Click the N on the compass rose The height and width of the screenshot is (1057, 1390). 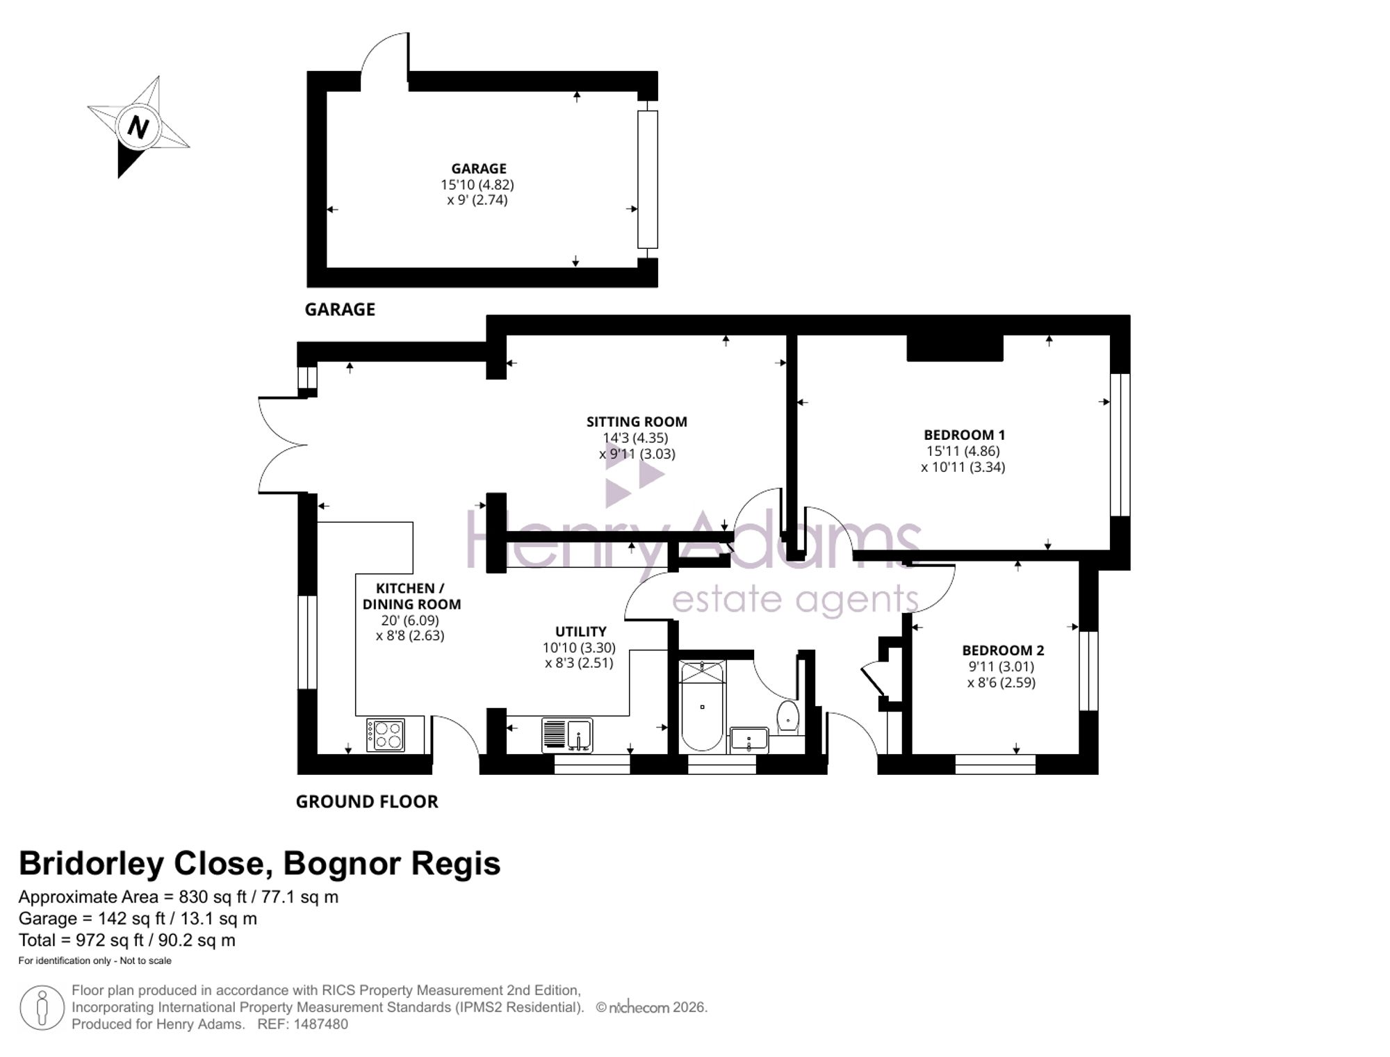point(138,127)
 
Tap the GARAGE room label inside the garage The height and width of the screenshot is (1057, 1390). point(479,169)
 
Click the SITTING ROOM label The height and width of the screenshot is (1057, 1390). point(637,422)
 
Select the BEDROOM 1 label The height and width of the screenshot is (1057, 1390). point(964,435)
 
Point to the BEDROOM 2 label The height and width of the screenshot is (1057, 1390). point(1003,650)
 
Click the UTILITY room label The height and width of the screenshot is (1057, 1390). point(580,632)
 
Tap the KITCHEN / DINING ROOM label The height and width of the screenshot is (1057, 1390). point(411,596)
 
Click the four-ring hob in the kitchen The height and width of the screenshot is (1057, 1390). point(386,735)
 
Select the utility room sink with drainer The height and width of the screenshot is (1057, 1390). point(567,735)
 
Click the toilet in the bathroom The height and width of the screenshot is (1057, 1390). point(787,716)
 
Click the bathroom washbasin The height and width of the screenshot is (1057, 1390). point(749,740)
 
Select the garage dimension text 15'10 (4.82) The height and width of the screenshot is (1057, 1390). point(477,185)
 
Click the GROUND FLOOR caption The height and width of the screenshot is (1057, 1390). point(367,802)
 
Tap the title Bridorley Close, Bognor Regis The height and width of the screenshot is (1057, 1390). point(259,864)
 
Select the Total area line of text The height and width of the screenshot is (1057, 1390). point(127,940)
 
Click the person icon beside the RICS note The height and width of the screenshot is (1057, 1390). point(42,1008)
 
